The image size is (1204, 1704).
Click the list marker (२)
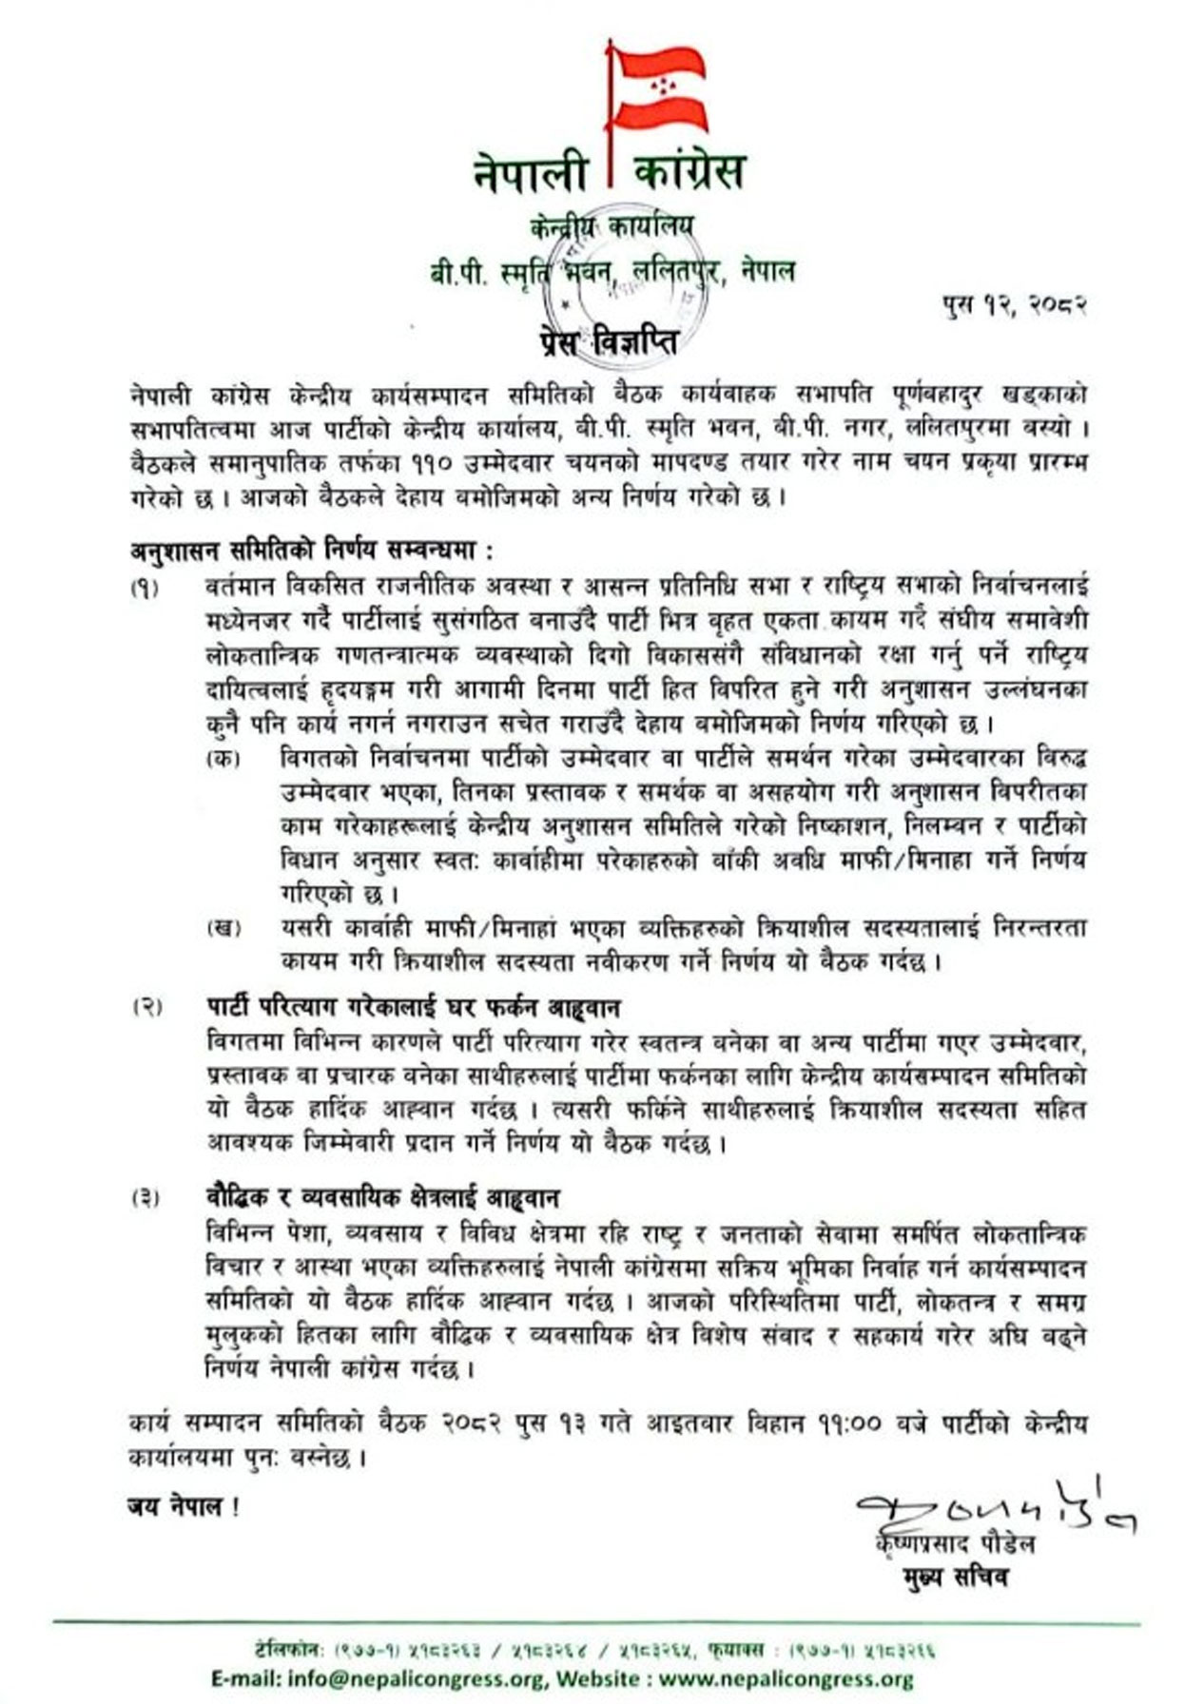point(146,1006)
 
